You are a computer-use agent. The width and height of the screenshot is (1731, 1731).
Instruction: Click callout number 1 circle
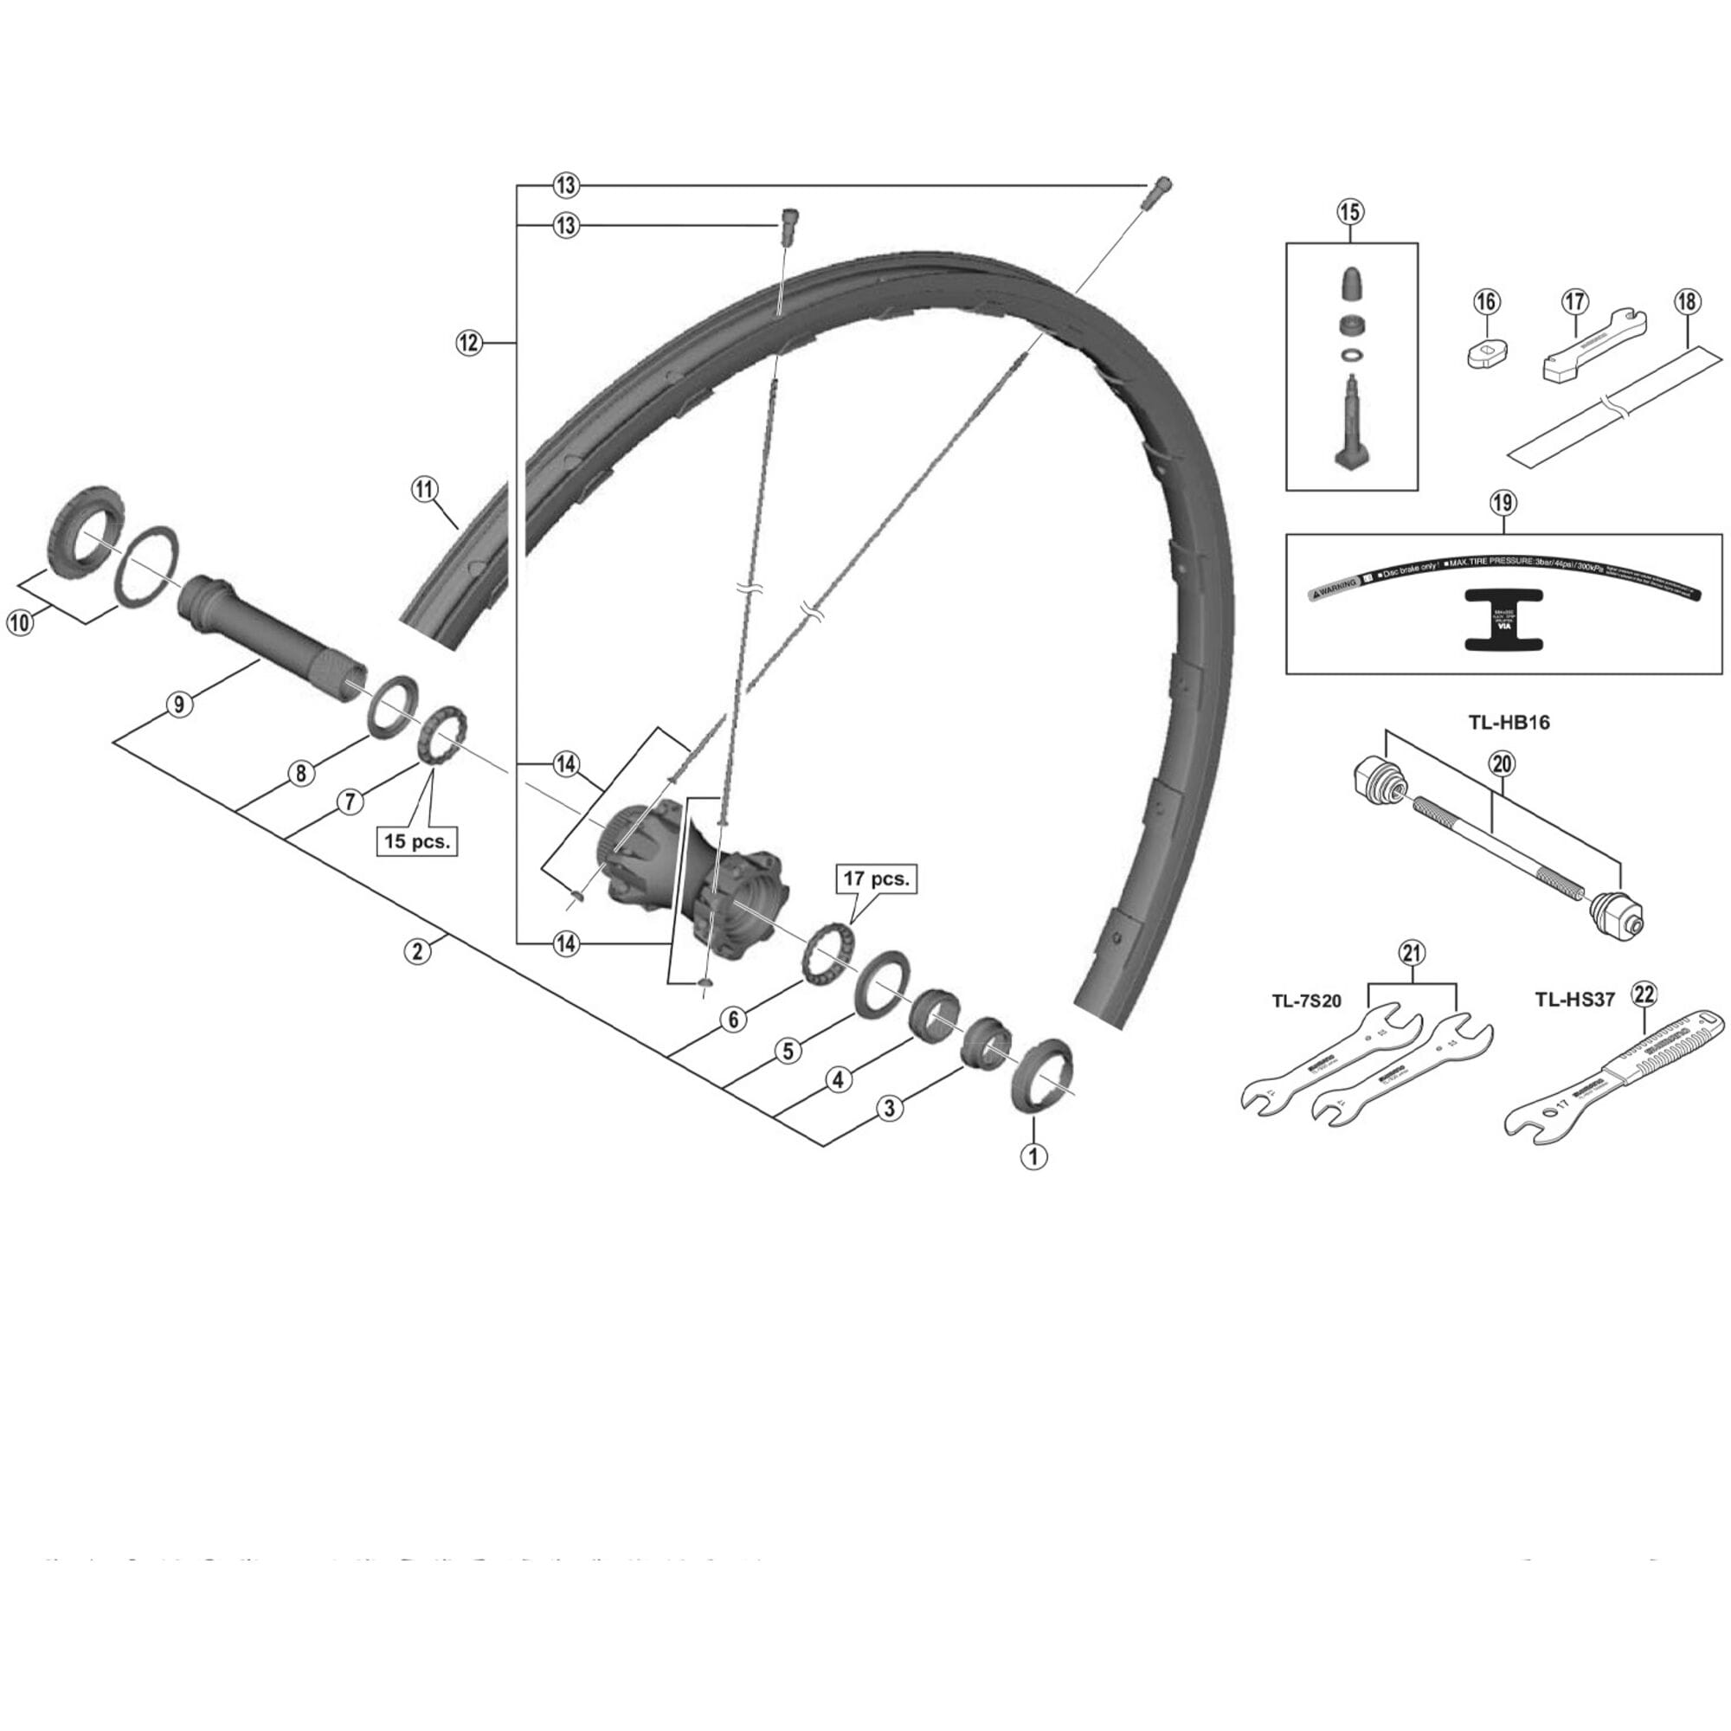1034,1155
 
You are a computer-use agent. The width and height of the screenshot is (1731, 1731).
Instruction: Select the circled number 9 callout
179,705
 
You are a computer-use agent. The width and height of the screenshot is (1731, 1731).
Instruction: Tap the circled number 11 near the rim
425,489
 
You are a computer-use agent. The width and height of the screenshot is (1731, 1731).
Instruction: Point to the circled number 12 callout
468,342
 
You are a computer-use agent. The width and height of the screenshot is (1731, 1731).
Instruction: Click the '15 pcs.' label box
416,841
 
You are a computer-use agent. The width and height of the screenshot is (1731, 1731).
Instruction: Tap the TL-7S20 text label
1306,1001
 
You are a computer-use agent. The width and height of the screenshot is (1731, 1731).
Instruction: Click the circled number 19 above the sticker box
1503,504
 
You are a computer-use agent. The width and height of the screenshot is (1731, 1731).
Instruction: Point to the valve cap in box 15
1351,284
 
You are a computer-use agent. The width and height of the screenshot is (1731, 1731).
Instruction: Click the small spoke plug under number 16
1486,351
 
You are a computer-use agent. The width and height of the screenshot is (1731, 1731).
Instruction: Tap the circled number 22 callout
1645,993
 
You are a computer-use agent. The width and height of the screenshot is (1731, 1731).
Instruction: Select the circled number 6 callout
734,1019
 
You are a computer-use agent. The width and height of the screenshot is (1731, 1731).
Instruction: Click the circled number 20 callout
1502,763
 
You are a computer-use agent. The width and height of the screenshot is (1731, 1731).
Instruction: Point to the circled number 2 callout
417,950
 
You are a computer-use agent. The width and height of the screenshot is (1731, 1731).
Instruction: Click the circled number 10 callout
20,622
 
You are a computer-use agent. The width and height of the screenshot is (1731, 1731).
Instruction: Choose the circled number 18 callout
1686,302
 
